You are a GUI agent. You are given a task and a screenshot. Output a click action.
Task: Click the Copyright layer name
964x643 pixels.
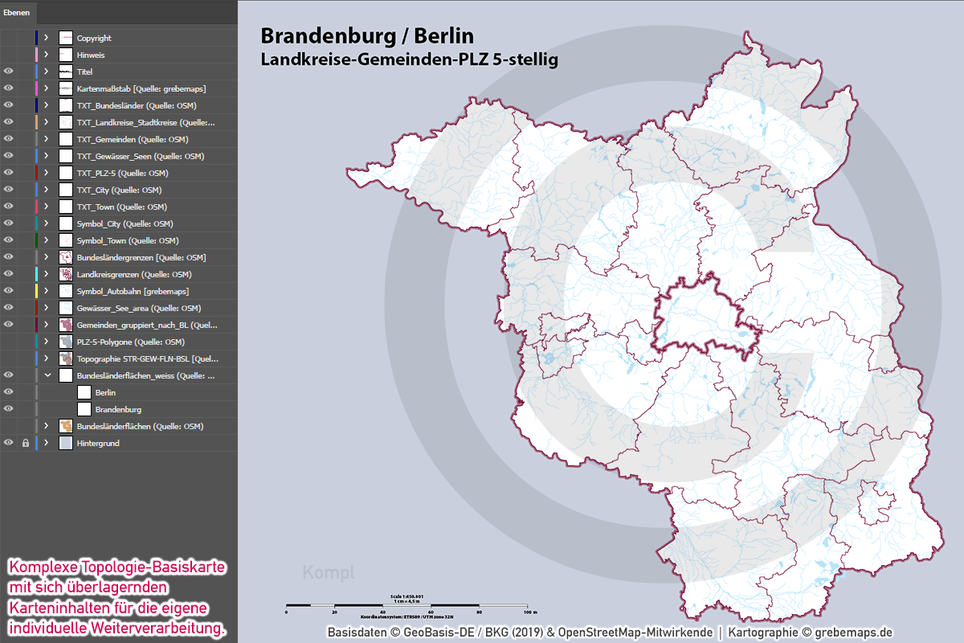[x=94, y=38]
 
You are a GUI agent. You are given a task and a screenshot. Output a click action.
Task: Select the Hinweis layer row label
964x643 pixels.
[x=91, y=55]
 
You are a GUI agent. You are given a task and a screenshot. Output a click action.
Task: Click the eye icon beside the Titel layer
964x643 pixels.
[x=9, y=72]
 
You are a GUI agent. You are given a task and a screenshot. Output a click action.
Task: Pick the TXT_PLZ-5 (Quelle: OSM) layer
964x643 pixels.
[x=122, y=173]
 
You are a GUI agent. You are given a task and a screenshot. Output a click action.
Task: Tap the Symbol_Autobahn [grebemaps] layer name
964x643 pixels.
[x=133, y=291]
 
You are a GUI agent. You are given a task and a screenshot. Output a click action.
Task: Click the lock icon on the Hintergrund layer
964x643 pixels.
[x=26, y=443]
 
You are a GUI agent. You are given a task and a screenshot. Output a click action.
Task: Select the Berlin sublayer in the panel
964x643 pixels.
[x=105, y=392]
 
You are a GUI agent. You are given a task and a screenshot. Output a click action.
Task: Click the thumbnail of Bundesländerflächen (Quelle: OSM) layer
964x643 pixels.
[x=66, y=426]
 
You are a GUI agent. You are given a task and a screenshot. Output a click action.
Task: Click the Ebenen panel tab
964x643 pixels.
[x=17, y=12]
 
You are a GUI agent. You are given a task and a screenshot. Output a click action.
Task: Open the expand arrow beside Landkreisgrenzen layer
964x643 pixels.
[x=47, y=274]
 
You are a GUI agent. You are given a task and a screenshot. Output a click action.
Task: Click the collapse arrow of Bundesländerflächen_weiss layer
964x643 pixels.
[x=47, y=375]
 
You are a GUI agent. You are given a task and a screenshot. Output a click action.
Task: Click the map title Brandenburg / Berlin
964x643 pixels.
[x=367, y=36]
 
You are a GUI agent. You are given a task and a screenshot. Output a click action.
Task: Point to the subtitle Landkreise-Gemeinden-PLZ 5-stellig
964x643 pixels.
[x=409, y=59]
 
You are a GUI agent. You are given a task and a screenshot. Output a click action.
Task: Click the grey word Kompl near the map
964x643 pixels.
[x=323, y=573]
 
